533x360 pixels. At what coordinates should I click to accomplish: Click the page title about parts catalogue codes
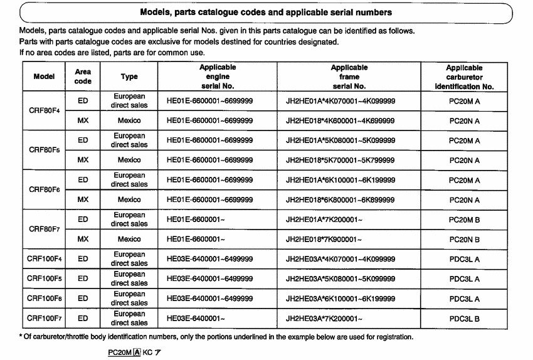[x=266, y=12]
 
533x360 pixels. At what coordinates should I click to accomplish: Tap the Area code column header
[x=83, y=77]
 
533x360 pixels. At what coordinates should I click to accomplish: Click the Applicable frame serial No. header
[x=349, y=77]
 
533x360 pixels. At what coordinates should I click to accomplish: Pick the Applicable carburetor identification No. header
[x=464, y=77]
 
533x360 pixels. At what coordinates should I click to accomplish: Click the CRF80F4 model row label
[x=45, y=111]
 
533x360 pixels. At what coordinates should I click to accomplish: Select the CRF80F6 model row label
[x=45, y=190]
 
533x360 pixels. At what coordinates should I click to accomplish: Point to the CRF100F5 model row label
[x=45, y=278]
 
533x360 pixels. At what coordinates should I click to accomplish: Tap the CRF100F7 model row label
[x=45, y=318]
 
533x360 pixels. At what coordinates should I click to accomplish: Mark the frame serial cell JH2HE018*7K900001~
[x=324, y=240]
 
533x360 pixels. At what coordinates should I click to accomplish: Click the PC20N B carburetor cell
[x=464, y=240]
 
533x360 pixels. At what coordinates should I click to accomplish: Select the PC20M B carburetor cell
[x=464, y=220]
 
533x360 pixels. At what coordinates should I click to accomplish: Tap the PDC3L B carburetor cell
[x=464, y=319]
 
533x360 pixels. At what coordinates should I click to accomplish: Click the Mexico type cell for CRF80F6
[x=129, y=200]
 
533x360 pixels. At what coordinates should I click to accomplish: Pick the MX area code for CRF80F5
[x=83, y=161]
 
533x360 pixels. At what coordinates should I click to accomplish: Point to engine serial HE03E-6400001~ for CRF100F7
[x=196, y=319]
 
